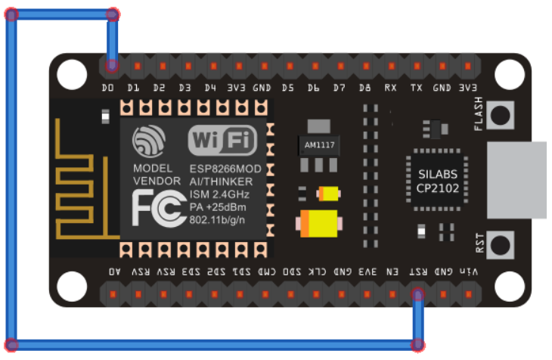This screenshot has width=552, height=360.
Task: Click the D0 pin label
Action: point(107,88)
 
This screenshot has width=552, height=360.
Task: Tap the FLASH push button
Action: point(500,115)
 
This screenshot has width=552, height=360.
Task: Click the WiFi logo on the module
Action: point(222,141)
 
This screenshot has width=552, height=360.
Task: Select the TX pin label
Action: point(416,88)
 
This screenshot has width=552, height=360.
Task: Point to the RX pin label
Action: point(390,88)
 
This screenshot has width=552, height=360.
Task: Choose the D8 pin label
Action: point(365,88)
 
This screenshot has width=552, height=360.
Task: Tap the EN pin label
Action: point(392,271)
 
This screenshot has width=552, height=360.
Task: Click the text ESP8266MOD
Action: point(225,169)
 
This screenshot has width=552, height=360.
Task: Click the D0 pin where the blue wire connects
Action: point(112,66)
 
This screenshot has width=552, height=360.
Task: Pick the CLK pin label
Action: point(318,271)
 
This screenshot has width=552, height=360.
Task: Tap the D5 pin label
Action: point(288,88)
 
